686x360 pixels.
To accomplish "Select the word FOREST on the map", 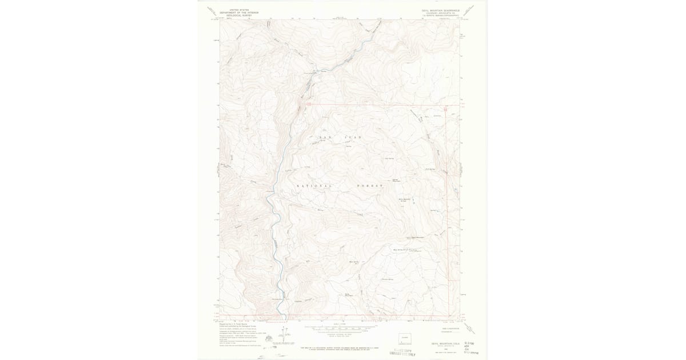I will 369,186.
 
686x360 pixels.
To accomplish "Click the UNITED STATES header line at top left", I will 238,10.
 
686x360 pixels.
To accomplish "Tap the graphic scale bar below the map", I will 340,329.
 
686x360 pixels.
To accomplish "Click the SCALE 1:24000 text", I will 340,324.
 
